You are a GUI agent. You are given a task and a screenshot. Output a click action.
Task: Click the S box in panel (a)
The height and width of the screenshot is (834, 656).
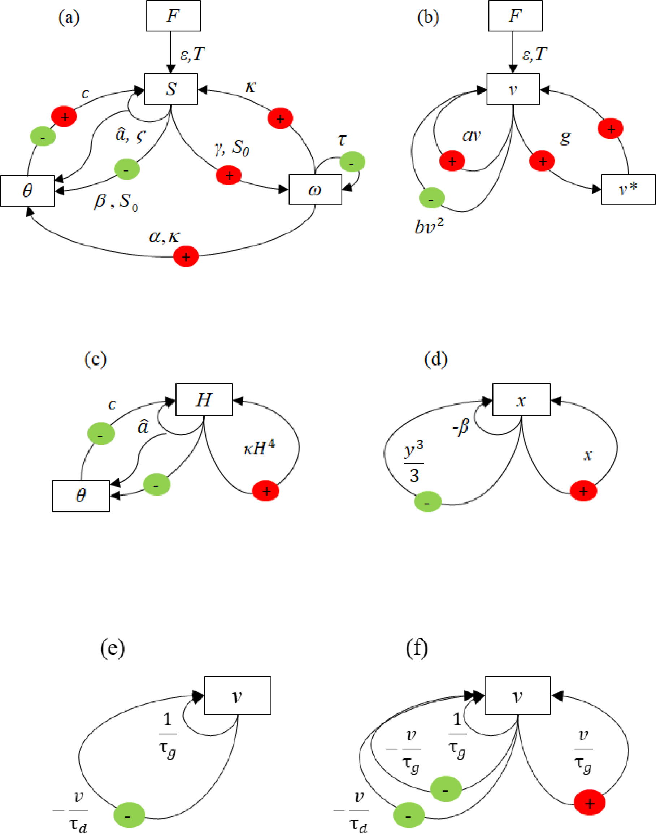tap(171, 89)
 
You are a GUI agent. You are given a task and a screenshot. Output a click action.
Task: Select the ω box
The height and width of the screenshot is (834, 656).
tap(315, 189)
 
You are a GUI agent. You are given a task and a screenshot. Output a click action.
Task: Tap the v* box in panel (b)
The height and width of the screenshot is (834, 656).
tap(628, 189)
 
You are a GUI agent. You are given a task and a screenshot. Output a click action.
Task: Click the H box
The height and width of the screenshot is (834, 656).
tap(204, 399)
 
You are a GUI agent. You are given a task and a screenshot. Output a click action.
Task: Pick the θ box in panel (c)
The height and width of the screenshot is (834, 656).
tap(81, 496)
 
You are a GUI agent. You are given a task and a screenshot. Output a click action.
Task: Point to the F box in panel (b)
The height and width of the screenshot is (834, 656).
tap(515, 16)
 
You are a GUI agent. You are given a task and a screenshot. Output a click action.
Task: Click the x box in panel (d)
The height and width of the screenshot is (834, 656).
tap(521, 399)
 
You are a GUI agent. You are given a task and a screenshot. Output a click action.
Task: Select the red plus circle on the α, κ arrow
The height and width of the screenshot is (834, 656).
tap(186, 256)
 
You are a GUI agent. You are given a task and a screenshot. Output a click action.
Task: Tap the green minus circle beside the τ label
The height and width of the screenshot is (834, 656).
tap(352, 162)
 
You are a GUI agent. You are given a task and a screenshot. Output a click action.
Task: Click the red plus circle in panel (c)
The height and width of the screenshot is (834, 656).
tap(266, 491)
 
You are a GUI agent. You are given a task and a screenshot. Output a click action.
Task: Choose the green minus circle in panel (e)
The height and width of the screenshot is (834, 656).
tap(129, 815)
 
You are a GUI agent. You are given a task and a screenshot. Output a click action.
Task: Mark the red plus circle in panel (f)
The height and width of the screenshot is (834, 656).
tap(589, 803)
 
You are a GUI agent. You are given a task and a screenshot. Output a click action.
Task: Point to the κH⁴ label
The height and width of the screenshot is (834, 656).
tap(259, 448)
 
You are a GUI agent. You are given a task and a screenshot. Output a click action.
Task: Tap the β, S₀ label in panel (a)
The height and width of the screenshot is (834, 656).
tap(116, 201)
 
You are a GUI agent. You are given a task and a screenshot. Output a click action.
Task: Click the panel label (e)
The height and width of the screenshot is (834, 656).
tap(112, 648)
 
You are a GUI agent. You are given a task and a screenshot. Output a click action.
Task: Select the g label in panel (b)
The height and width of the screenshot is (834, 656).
tap(565, 137)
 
